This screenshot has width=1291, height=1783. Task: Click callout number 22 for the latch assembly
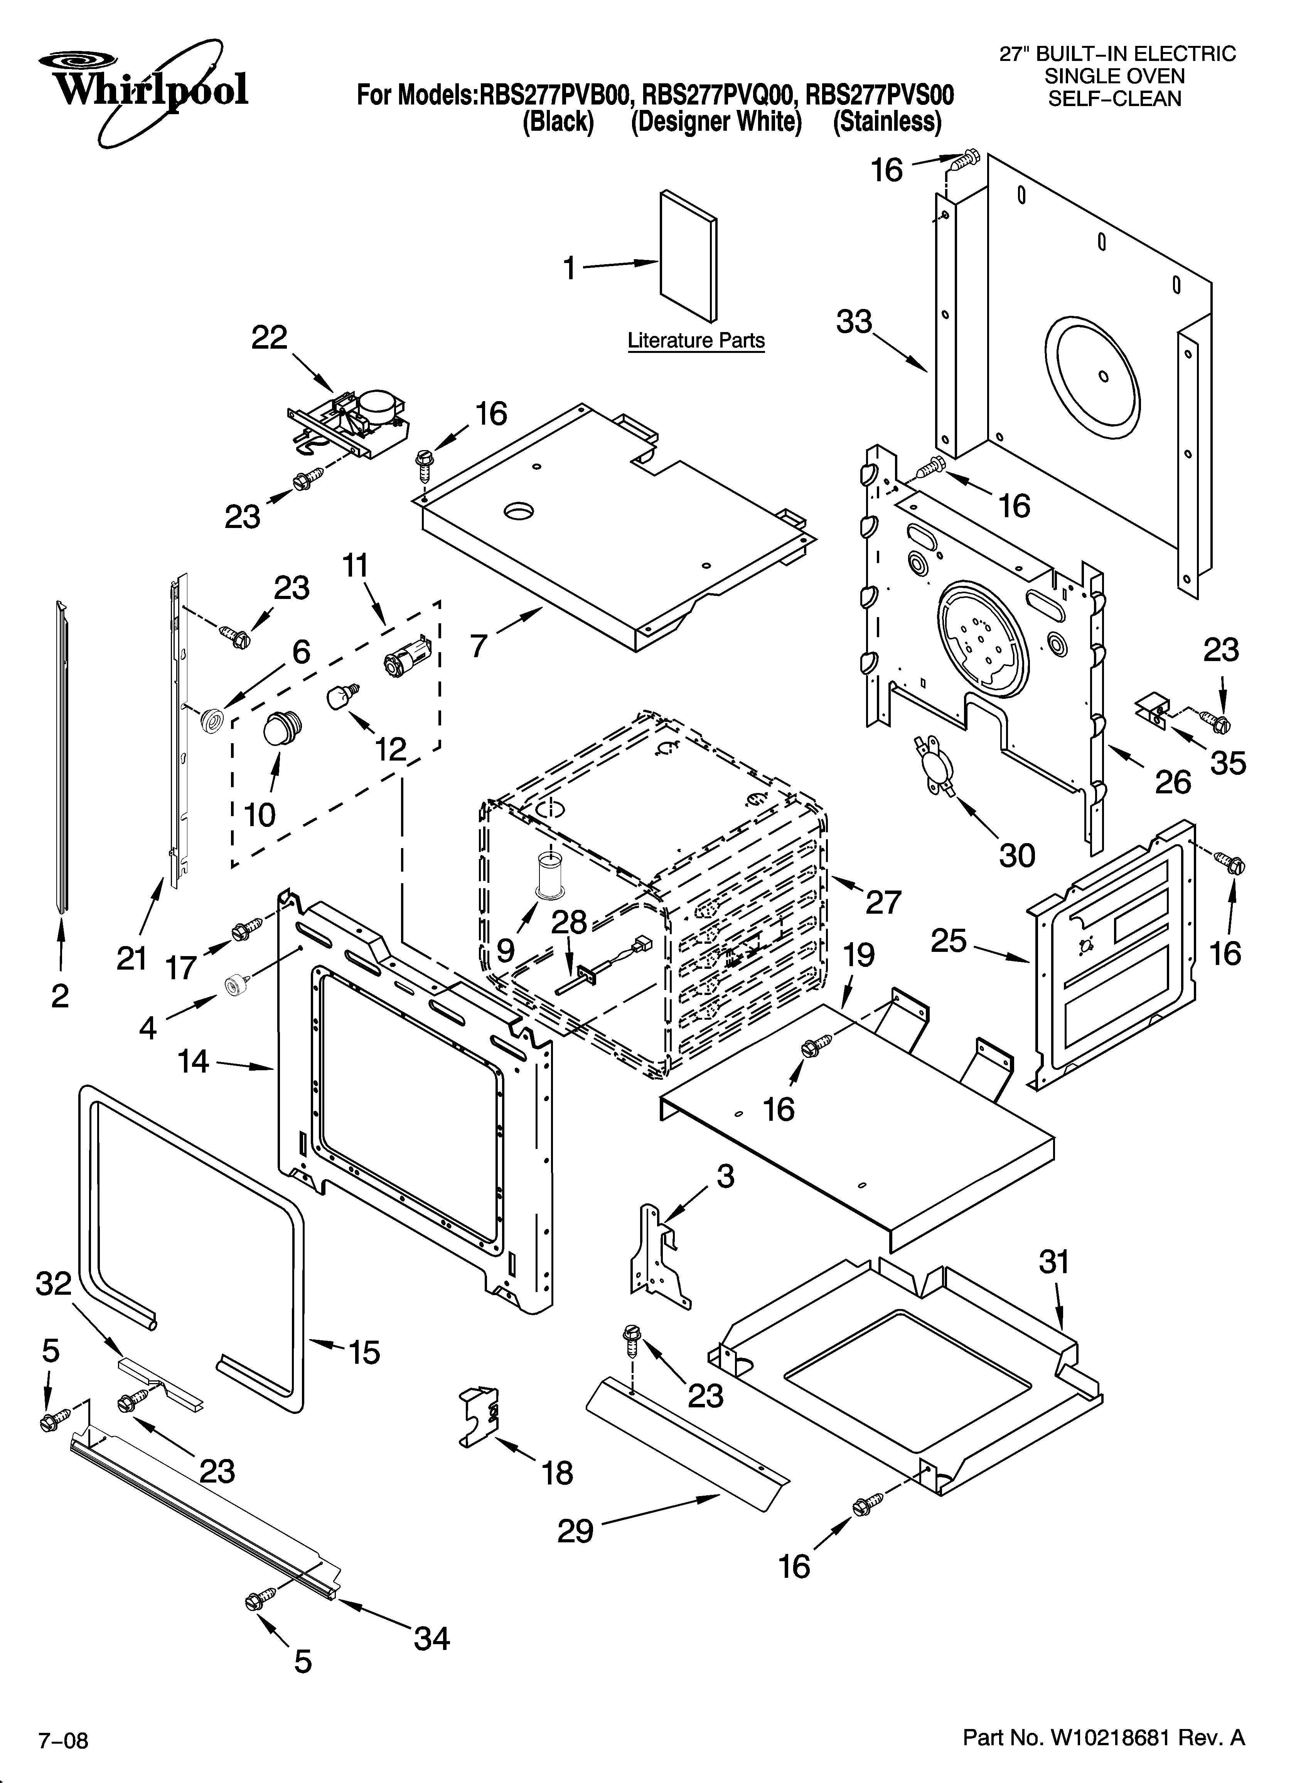[x=269, y=338]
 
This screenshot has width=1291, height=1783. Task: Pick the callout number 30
[x=1016, y=855]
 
